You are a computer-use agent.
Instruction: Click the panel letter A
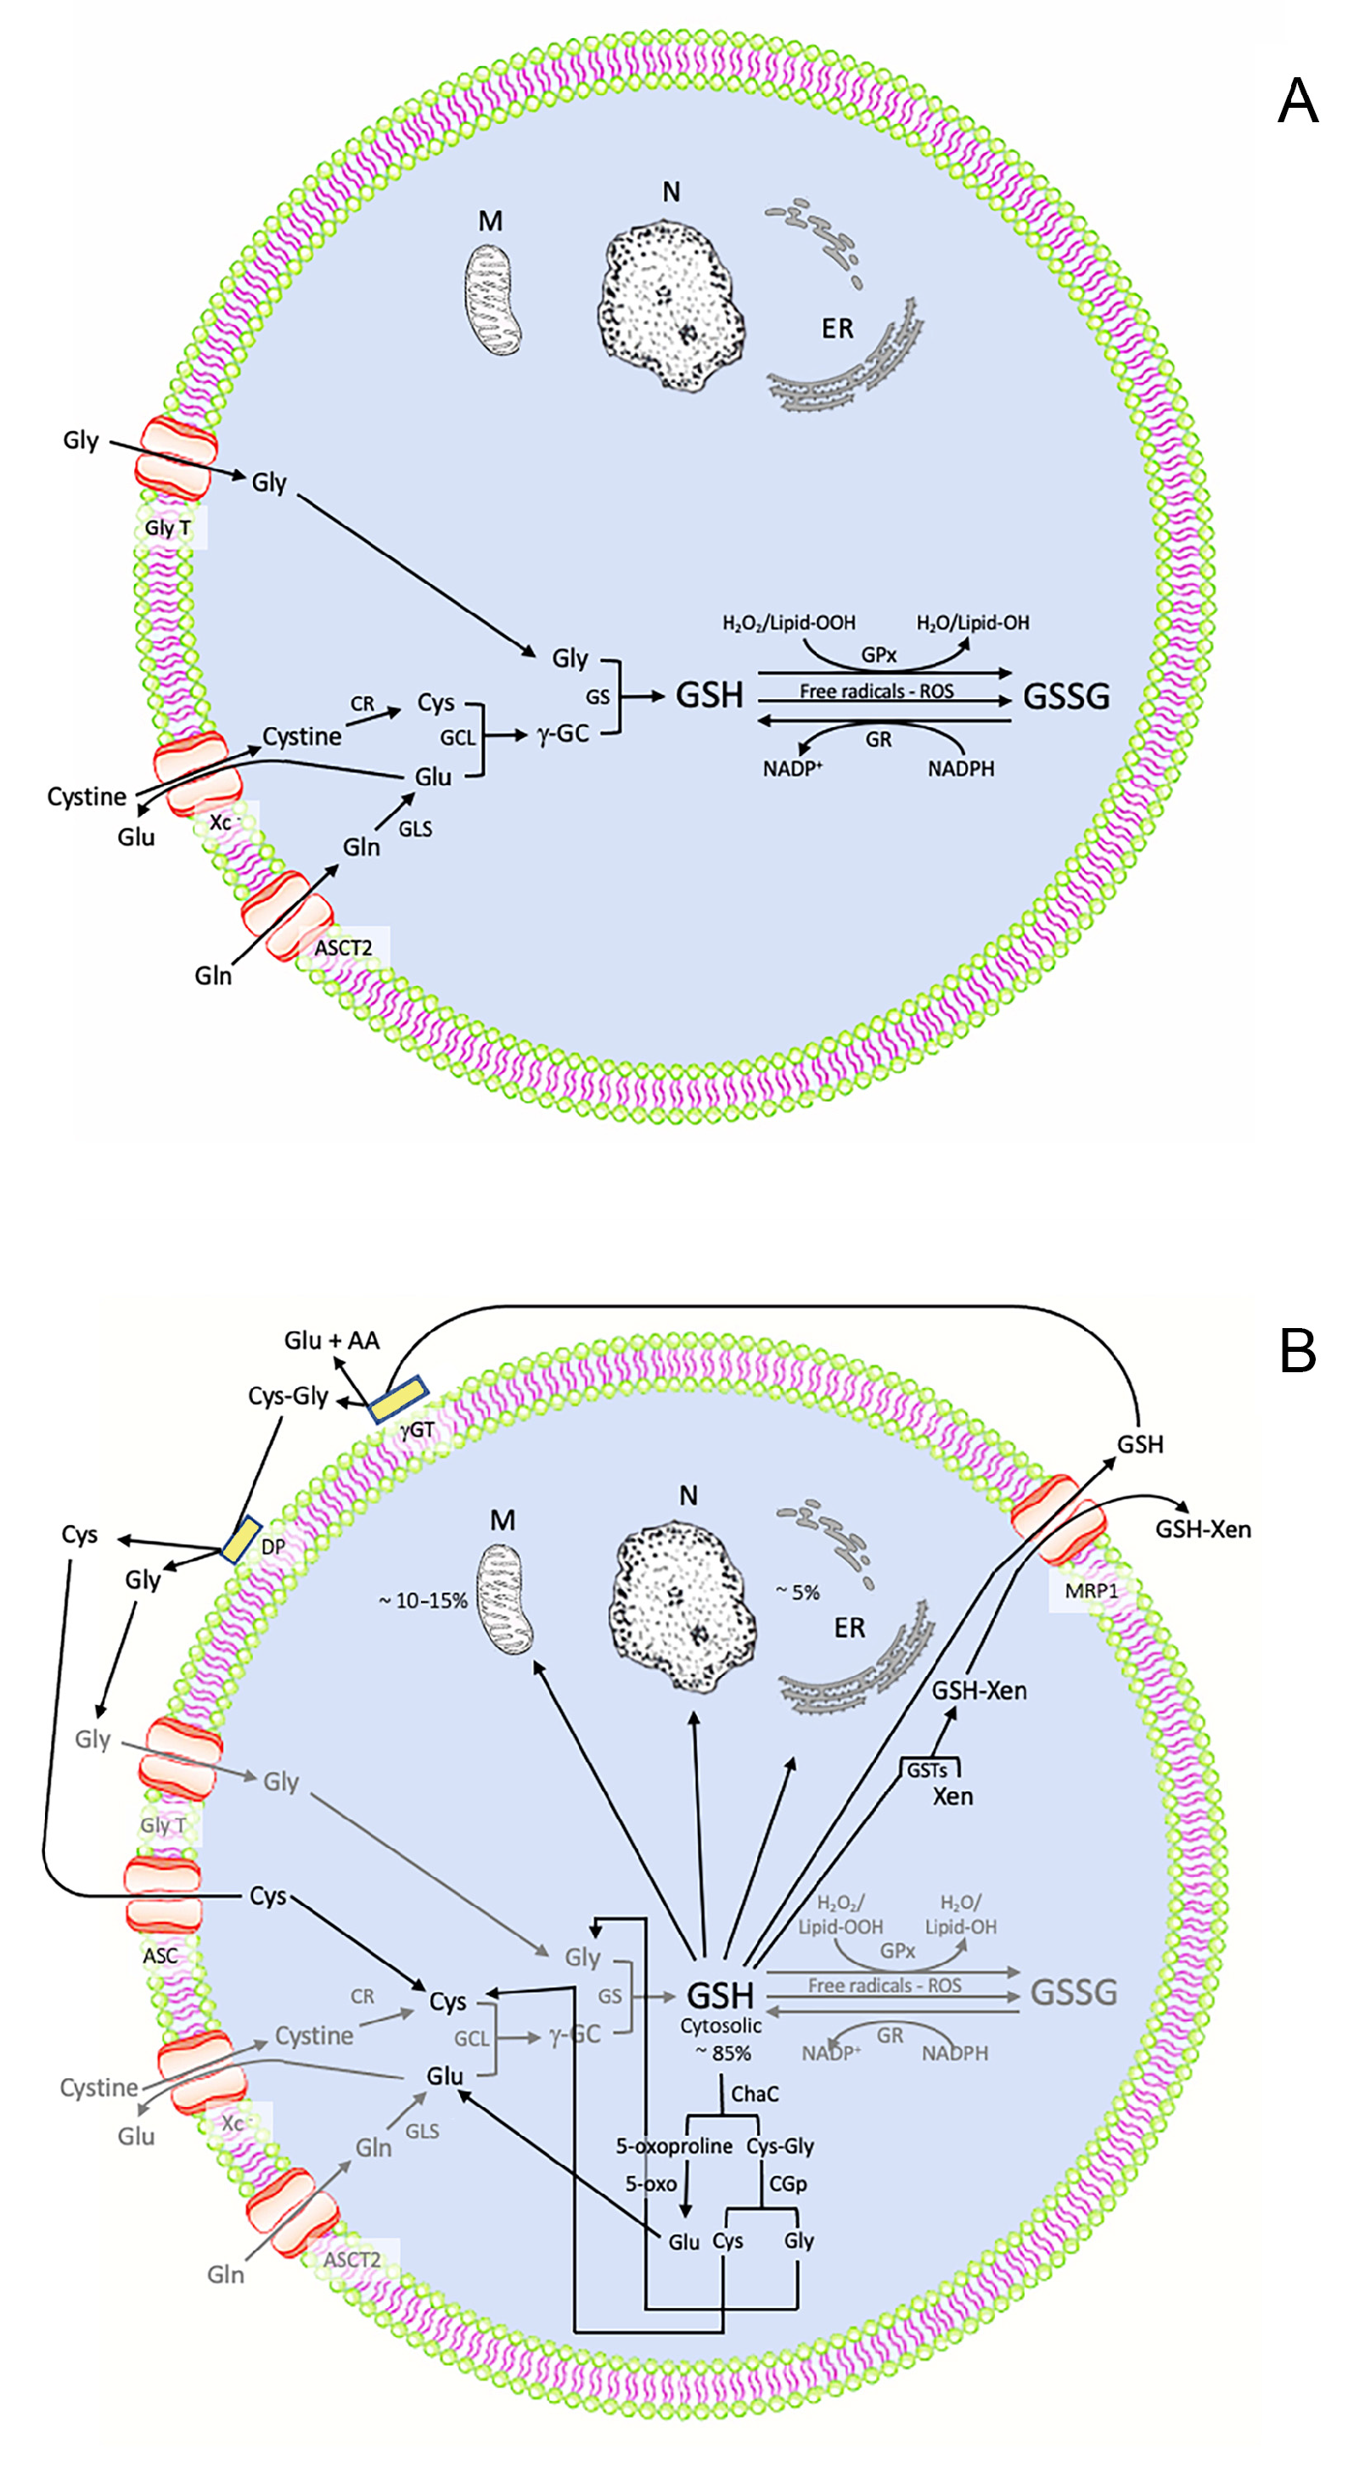point(1297,101)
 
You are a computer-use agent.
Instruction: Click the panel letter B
point(1297,1351)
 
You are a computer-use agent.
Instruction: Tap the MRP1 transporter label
point(1091,1590)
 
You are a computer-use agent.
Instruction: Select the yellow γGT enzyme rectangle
point(398,1400)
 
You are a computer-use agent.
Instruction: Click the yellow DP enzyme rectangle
point(241,1539)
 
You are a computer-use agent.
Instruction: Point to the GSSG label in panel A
point(1065,696)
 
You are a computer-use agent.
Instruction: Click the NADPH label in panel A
point(960,769)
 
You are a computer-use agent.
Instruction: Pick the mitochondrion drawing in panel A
point(492,299)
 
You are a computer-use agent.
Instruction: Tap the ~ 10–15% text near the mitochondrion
point(423,1600)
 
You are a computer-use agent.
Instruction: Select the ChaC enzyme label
point(755,2094)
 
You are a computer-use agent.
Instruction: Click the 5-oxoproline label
point(674,2146)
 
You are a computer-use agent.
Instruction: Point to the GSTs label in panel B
point(926,1770)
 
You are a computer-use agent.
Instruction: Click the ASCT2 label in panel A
point(343,948)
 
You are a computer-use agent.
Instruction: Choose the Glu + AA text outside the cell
point(331,1341)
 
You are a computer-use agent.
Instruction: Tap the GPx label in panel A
point(879,654)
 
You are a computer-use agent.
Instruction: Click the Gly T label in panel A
point(168,528)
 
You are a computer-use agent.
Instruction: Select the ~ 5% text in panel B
point(798,1593)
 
